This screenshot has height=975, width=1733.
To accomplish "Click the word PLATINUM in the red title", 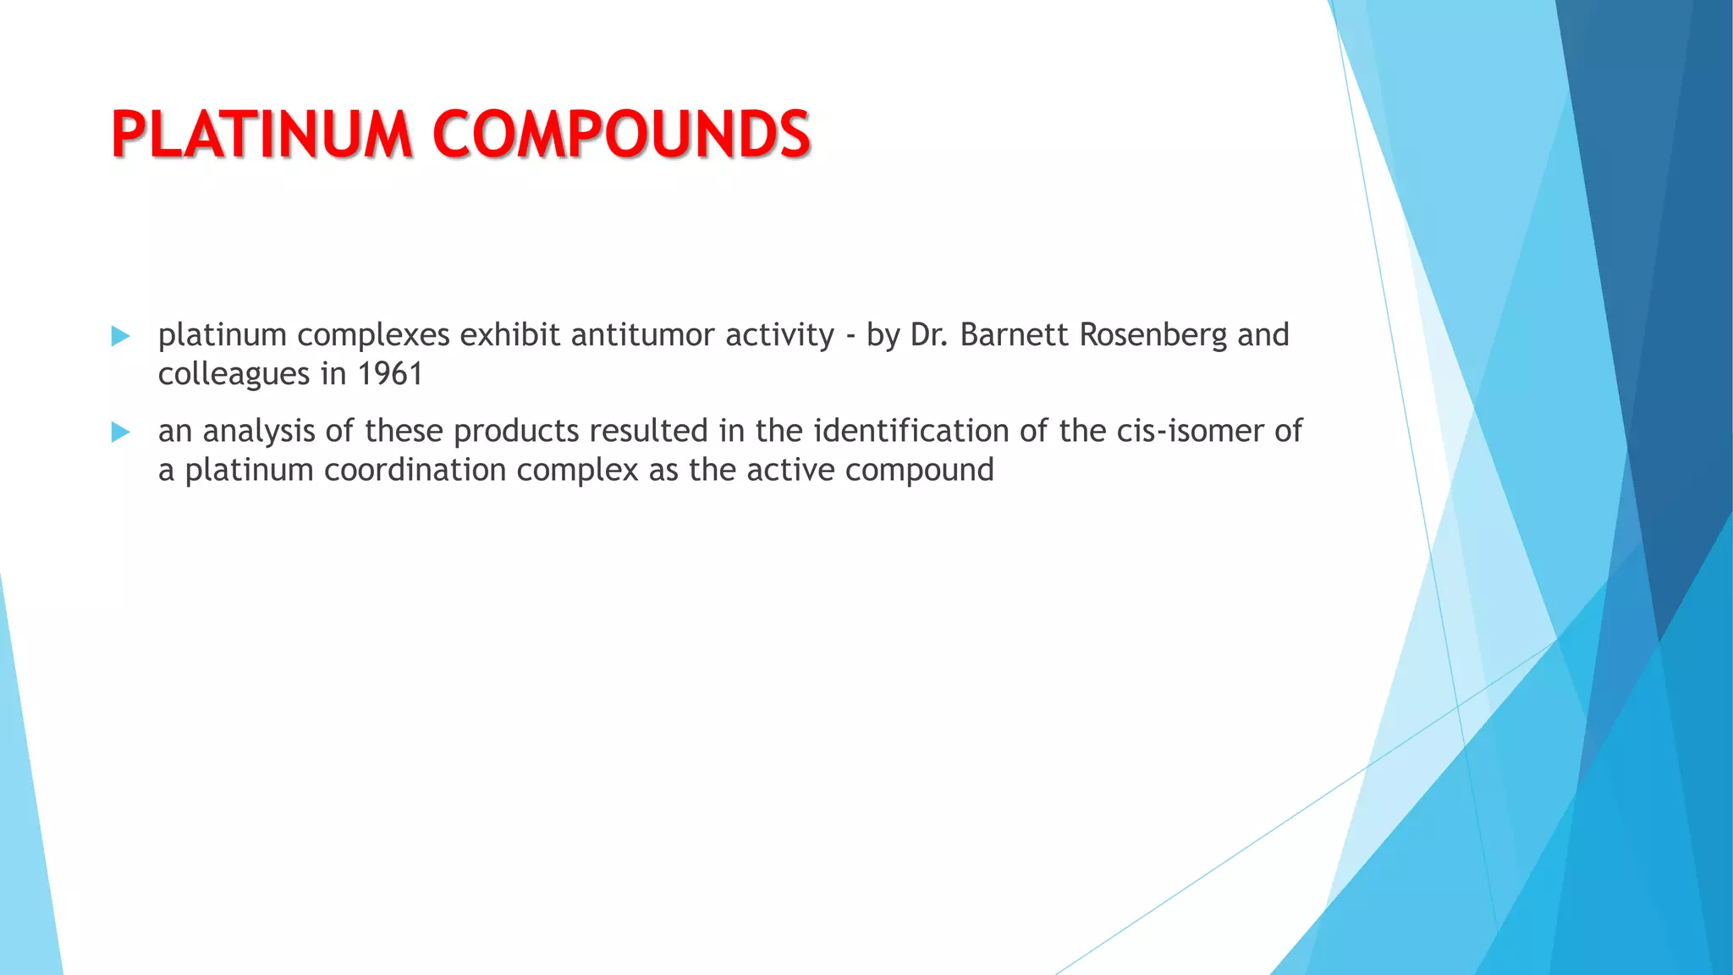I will point(261,135).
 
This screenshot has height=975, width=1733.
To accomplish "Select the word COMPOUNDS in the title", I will point(622,135).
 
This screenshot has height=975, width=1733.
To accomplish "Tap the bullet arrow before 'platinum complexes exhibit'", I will point(120,337).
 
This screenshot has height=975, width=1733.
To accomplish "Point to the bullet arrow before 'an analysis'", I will point(120,432).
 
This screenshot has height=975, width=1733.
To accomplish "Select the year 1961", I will point(390,374).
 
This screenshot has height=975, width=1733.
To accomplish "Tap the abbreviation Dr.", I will point(929,335).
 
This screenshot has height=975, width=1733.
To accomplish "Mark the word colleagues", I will point(234,374).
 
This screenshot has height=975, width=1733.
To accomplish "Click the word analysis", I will point(259,432).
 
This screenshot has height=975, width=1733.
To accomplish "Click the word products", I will point(516,432).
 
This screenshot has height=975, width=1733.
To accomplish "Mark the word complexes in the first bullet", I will point(373,336).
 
